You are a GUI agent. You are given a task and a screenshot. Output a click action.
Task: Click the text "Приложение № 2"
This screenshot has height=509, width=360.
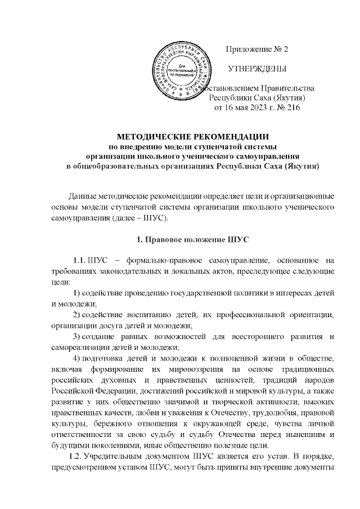256,49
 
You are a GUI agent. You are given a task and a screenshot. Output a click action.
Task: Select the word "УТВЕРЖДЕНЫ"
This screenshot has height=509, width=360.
256,69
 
